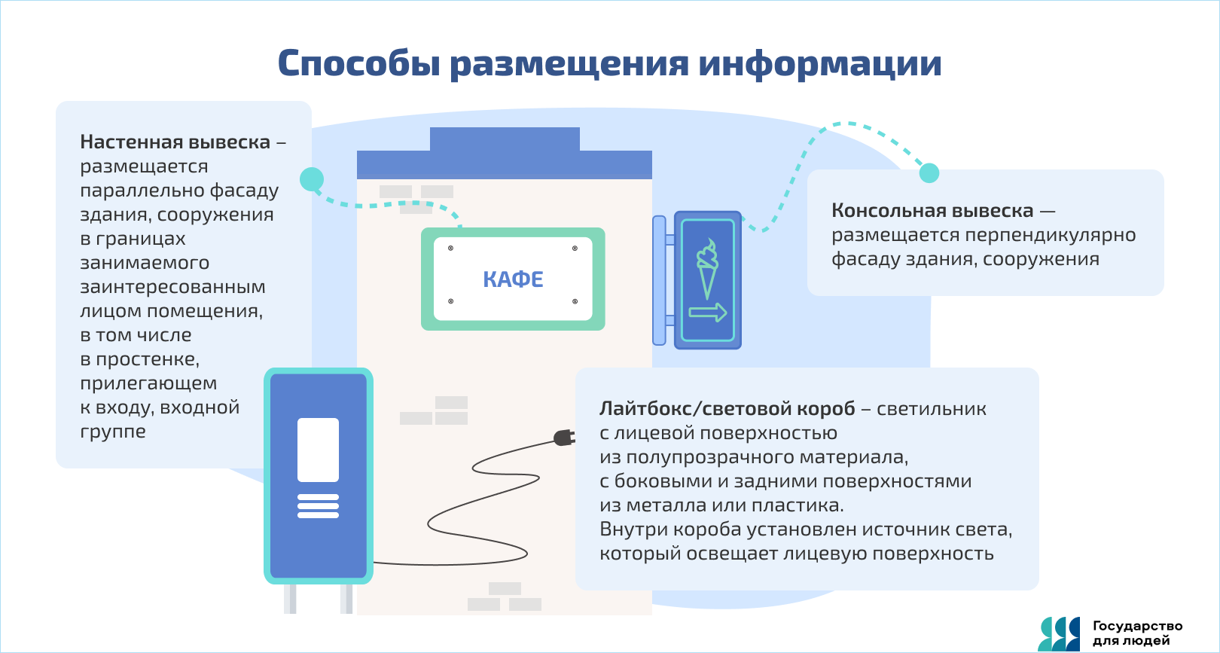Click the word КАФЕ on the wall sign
[513, 279]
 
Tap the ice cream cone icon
[707, 270]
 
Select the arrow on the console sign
[708, 313]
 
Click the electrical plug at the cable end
[564, 438]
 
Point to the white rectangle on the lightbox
[318, 450]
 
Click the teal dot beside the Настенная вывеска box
[312, 179]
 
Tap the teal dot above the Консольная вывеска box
[929, 172]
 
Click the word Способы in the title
[358, 63]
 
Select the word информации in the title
[819, 63]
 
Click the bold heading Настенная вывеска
[175, 142]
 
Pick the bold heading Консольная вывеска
[932, 211]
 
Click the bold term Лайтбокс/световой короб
[727, 409]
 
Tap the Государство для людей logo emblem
[1059, 634]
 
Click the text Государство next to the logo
[1137, 626]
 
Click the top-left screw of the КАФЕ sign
[451, 248]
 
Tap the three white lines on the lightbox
[318, 505]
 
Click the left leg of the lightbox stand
[290, 599]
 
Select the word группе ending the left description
[113, 432]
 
